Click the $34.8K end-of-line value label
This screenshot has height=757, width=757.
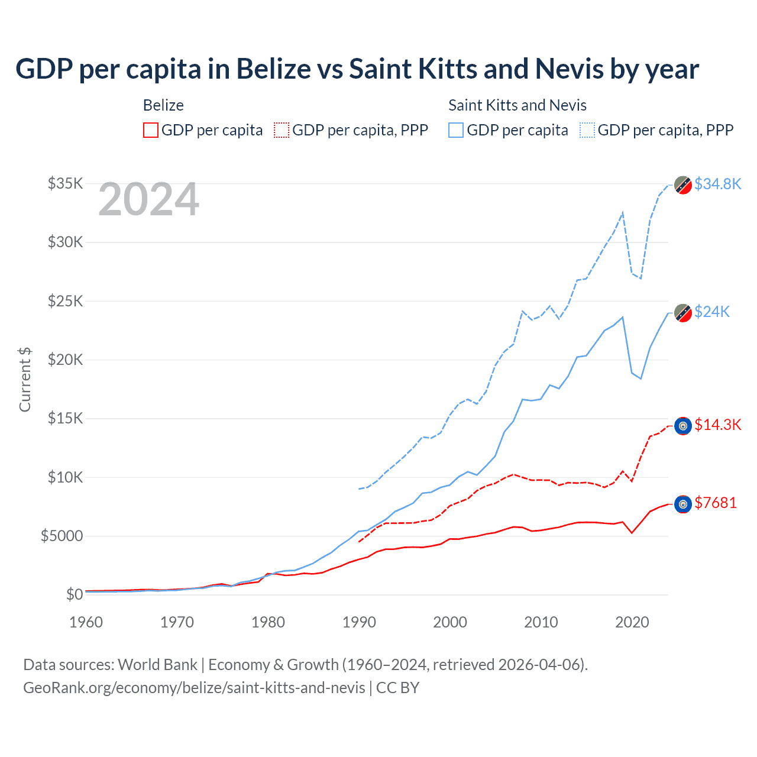pyautogui.click(x=717, y=184)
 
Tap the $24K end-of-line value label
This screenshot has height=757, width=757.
pyautogui.click(x=712, y=312)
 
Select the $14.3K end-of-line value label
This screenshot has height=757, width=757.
pyautogui.click(x=717, y=425)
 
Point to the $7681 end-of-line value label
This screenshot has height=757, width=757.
pyautogui.click(x=716, y=503)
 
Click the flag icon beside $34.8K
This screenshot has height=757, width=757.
pyautogui.click(x=683, y=185)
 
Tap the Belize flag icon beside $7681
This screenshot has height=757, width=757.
pyautogui.click(x=683, y=504)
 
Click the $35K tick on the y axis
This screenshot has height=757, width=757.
pyautogui.click(x=66, y=183)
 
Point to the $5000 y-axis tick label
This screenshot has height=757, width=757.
pyautogui.click(x=62, y=536)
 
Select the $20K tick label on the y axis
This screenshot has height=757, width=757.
pyautogui.click(x=66, y=360)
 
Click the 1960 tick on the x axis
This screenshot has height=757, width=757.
pyautogui.click(x=86, y=622)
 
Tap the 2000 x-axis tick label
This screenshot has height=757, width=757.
pyautogui.click(x=450, y=622)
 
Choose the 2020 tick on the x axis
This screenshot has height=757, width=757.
pyautogui.click(x=632, y=622)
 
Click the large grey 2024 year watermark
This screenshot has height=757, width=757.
pyautogui.click(x=148, y=200)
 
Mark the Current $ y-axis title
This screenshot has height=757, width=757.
pyautogui.click(x=25, y=380)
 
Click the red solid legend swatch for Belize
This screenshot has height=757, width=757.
pyautogui.click(x=151, y=130)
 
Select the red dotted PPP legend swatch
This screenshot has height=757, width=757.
pyautogui.click(x=282, y=130)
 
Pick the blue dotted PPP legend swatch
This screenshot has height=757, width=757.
pyautogui.click(x=587, y=130)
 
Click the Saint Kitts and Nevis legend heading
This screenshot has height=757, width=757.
pyautogui.click(x=517, y=105)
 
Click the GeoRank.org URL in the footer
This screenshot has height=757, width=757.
pyautogui.click(x=194, y=688)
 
